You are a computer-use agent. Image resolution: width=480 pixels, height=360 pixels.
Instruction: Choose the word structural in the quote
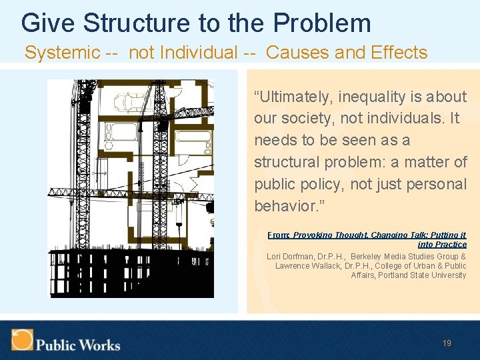pyautogui.click(x=287, y=163)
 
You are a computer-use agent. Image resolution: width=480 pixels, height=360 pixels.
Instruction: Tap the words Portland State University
pyautogui.click(x=422, y=275)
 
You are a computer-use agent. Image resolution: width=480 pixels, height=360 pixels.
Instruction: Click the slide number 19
pyautogui.click(x=447, y=343)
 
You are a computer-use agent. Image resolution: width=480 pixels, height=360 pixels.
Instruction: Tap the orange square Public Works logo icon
pyautogui.click(x=21, y=339)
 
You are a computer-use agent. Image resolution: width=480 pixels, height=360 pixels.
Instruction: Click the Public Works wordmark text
pyautogui.click(x=78, y=345)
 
